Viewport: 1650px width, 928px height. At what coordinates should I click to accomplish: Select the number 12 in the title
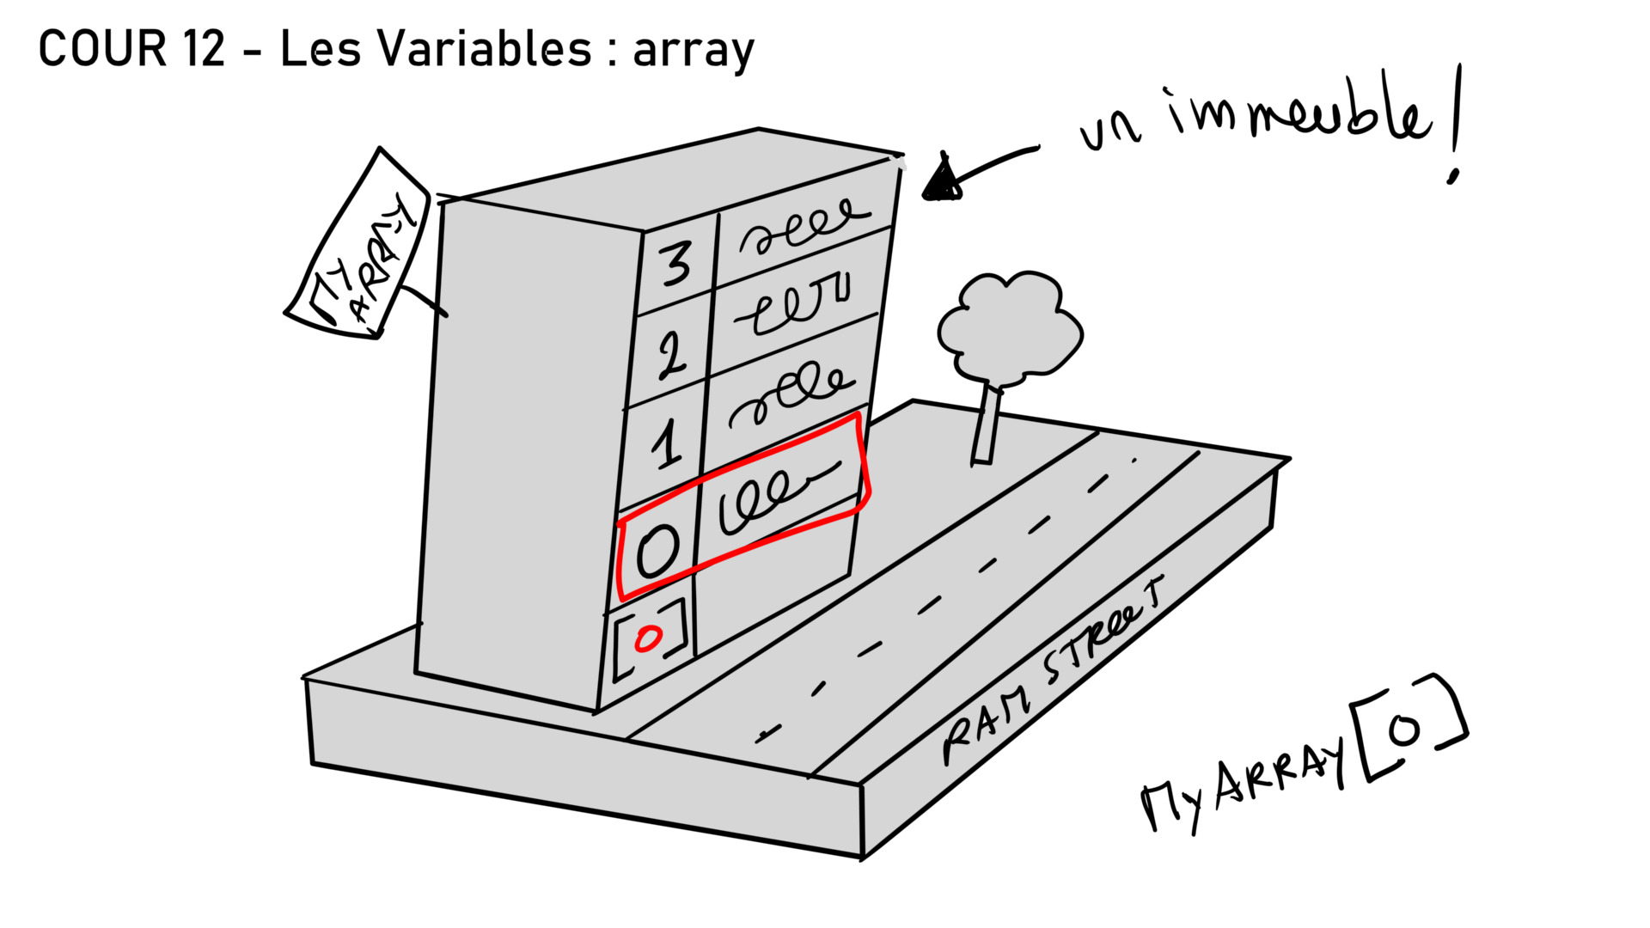[204, 49]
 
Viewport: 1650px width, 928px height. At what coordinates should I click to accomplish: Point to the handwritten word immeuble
[1298, 118]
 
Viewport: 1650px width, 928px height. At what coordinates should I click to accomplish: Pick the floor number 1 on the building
[666, 445]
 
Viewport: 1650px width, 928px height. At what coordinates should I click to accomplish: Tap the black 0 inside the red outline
[657, 551]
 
